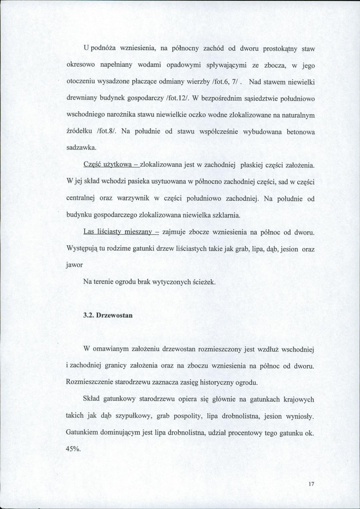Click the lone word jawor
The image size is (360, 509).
tap(74, 265)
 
